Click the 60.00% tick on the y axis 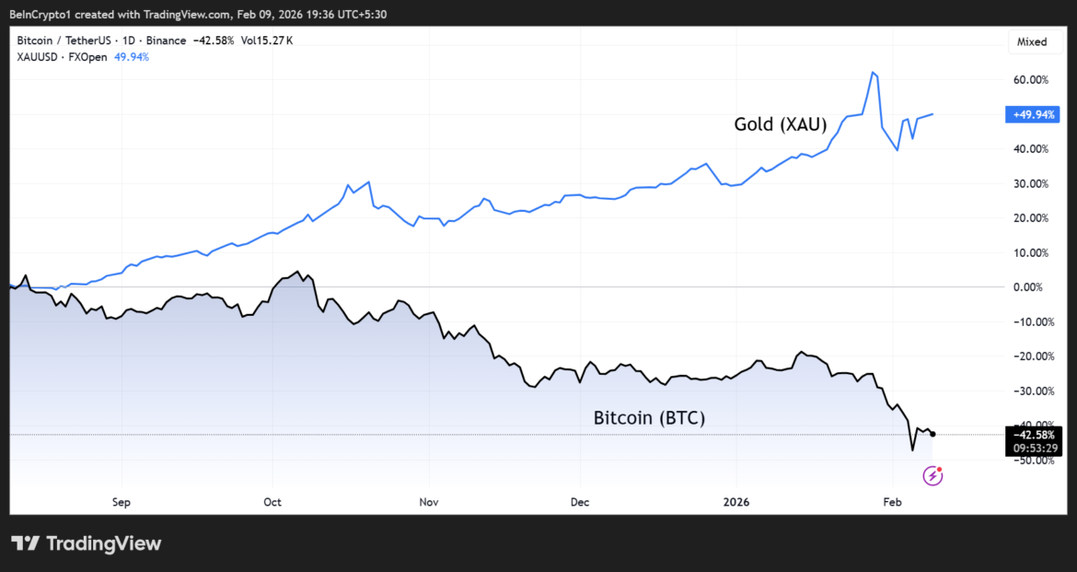pyautogui.click(x=1031, y=80)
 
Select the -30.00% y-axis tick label pyautogui.click(x=1029, y=391)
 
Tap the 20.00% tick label pyautogui.click(x=1031, y=218)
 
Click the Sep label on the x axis pyautogui.click(x=122, y=502)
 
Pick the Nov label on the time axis pyautogui.click(x=428, y=502)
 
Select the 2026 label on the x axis pyautogui.click(x=735, y=502)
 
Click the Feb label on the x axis pyautogui.click(x=891, y=502)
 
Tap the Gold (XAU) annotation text pyautogui.click(x=780, y=124)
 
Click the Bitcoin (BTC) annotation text pyautogui.click(x=649, y=418)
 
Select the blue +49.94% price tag pyautogui.click(x=1034, y=114)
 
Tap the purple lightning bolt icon pyautogui.click(x=932, y=475)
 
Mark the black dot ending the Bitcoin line pyautogui.click(x=932, y=434)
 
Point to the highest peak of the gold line pyautogui.click(x=873, y=72)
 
